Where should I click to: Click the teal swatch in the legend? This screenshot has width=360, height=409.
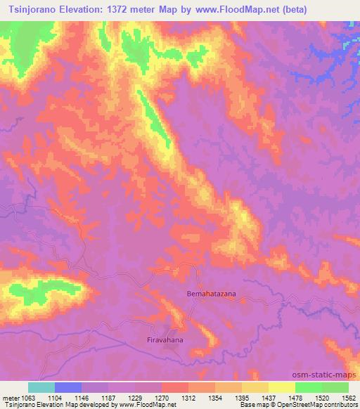(41, 387)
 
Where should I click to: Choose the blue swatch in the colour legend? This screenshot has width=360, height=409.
(68, 387)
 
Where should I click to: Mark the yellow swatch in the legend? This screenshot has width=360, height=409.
(282, 387)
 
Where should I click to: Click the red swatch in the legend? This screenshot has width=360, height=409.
(175, 387)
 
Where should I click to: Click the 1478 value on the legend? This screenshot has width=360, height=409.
(294, 397)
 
